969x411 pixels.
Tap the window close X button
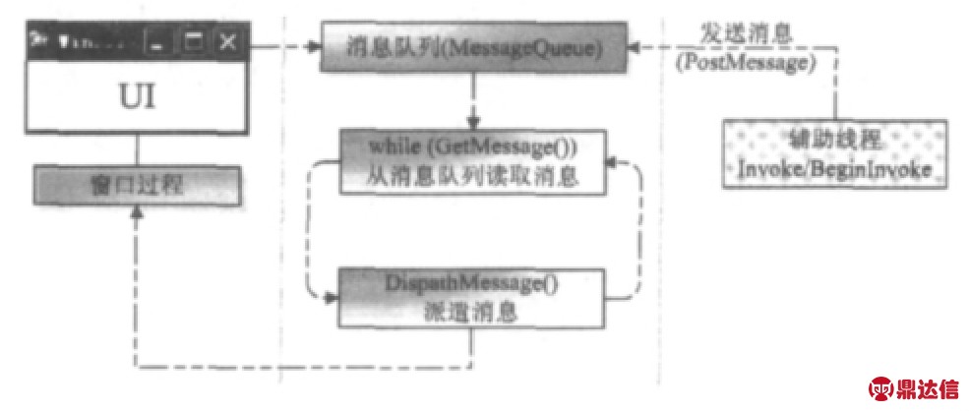point(227,42)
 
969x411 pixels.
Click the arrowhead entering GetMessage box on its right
point(612,162)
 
